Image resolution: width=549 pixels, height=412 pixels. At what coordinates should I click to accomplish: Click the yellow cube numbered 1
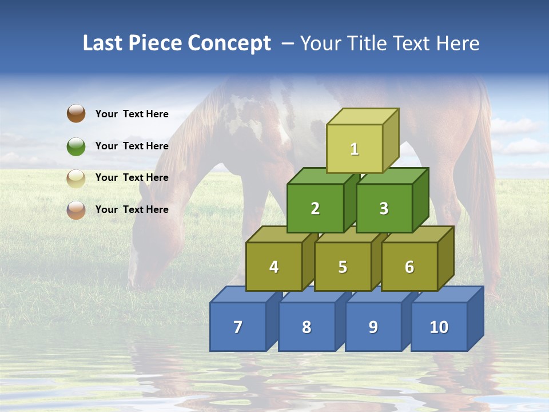click(x=355, y=149)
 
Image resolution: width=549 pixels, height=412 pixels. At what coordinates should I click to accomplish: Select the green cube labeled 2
click(x=315, y=208)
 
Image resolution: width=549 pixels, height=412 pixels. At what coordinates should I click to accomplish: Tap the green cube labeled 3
click(x=384, y=208)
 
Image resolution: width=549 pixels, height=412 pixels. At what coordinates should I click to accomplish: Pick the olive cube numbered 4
click(x=274, y=267)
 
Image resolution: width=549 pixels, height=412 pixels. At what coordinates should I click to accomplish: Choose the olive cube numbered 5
click(x=343, y=267)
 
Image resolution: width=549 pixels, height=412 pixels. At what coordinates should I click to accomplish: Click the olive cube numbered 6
click(x=409, y=267)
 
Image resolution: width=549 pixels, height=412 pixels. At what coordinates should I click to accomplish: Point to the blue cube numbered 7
click(x=238, y=327)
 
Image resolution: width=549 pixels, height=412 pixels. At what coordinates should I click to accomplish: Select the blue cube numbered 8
click(x=307, y=327)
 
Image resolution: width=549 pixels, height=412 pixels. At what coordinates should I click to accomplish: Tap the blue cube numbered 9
click(x=373, y=327)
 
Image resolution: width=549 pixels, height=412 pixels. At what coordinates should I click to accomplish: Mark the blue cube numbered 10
click(x=439, y=327)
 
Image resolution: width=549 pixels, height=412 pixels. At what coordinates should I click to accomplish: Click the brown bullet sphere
click(x=76, y=113)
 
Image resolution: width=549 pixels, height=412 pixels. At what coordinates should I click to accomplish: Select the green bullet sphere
click(x=76, y=146)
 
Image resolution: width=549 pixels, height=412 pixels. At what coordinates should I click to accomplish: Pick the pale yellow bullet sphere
click(x=76, y=178)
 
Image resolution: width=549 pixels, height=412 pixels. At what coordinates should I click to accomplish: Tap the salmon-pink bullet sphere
click(x=76, y=209)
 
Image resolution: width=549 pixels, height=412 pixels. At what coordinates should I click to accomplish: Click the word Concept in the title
click(x=229, y=43)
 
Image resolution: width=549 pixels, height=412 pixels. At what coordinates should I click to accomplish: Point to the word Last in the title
click(x=103, y=43)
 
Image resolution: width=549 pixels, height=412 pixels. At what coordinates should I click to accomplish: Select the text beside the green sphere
click(x=132, y=146)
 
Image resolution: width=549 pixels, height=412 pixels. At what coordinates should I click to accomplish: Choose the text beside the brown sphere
click(x=132, y=114)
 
